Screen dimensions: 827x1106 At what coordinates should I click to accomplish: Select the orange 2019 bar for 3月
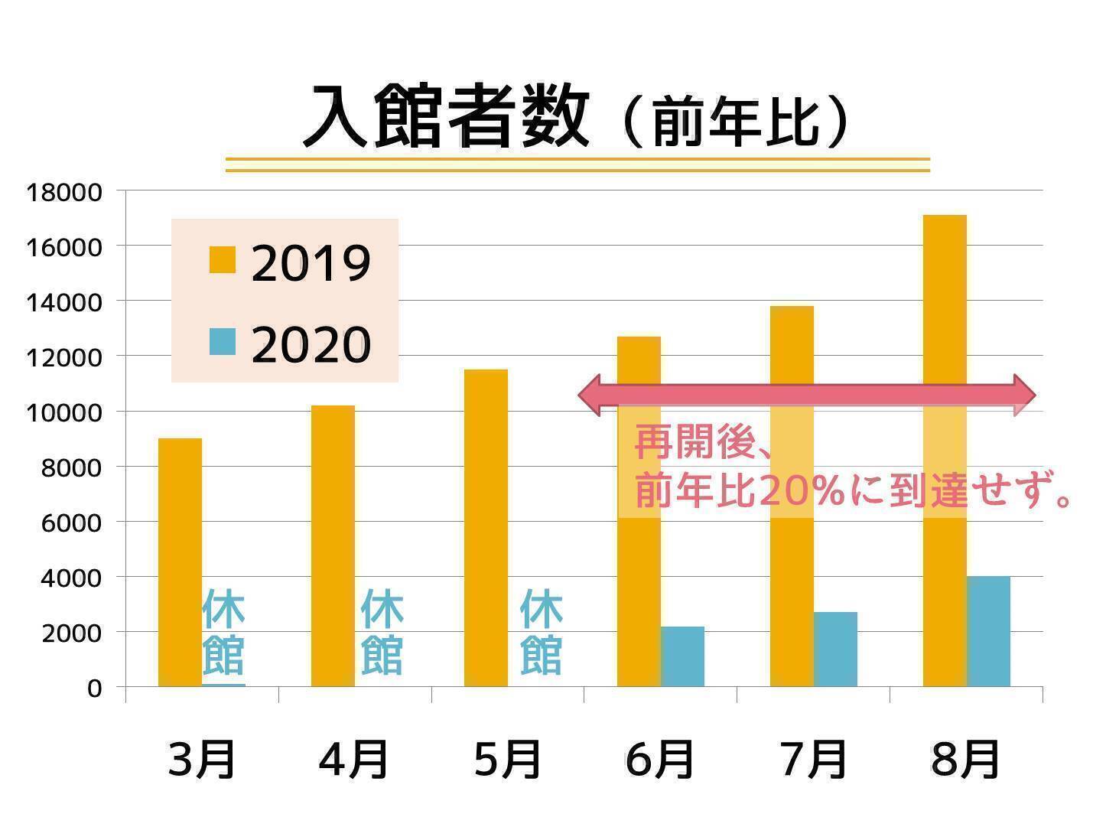click(x=180, y=562)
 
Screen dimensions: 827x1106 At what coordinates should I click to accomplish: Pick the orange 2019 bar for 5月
click(x=486, y=528)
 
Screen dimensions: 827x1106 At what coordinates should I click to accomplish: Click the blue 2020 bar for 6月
click(x=682, y=656)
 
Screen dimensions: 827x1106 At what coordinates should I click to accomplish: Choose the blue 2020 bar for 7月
click(x=835, y=649)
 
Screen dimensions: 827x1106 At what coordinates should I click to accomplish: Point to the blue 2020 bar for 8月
click(x=988, y=631)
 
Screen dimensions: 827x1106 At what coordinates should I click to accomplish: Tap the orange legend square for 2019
click(x=223, y=259)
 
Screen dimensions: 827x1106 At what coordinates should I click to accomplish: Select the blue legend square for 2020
click(x=223, y=341)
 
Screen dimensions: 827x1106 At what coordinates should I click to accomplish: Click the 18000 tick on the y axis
click(x=64, y=192)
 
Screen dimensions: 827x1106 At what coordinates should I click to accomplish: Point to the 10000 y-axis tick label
click(x=64, y=412)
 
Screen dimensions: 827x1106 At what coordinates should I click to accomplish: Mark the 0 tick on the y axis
click(x=94, y=689)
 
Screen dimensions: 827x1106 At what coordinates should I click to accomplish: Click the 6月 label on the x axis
click(x=660, y=760)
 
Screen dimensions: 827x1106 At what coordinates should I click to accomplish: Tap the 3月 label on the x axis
click(x=202, y=760)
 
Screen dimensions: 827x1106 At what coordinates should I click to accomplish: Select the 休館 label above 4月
click(x=382, y=632)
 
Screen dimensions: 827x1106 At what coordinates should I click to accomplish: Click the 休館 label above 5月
click(x=541, y=632)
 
